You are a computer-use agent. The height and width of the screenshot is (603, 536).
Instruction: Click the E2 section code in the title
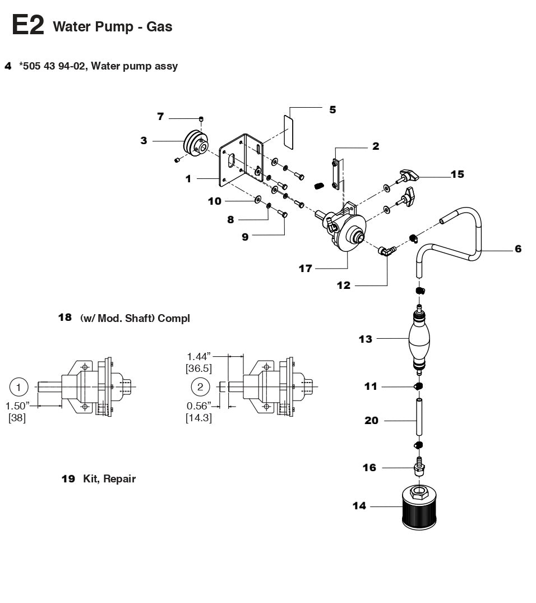[x=27, y=25]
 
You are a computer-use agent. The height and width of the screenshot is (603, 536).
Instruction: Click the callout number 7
[x=160, y=117]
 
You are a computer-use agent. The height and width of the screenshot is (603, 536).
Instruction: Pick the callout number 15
[x=457, y=174]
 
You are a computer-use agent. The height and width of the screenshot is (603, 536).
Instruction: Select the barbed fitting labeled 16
[x=418, y=467]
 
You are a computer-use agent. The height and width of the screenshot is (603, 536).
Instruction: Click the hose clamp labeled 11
[x=419, y=386]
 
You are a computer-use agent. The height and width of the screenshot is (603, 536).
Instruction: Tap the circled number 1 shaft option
[x=19, y=386]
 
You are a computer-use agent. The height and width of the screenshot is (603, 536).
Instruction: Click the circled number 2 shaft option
[x=201, y=386]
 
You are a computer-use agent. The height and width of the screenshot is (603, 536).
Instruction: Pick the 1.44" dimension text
[x=199, y=356]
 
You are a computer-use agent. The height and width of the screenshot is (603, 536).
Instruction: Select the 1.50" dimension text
[x=17, y=406]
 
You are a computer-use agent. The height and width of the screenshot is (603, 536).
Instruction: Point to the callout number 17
[x=305, y=269]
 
